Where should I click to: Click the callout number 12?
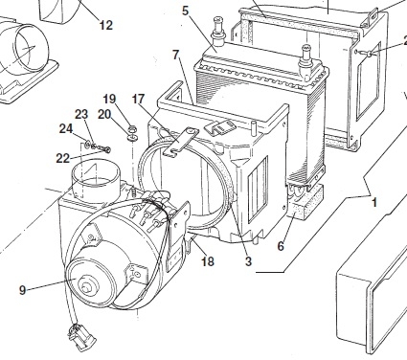coord(106,25)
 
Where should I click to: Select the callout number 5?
coord(186,11)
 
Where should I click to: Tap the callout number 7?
coord(176,55)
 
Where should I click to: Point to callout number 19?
coord(109,99)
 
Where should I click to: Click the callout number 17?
coord(138,100)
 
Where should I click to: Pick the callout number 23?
coord(81,114)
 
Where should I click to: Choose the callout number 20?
coord(104,114)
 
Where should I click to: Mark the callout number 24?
coord(66,128)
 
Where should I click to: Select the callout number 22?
coord(63,158)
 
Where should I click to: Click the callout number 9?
coord(22,290)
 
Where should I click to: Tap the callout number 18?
coord(208,261)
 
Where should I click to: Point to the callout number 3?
coord(248,261)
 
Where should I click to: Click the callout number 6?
coord(281,246)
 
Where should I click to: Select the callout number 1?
coord(374,202)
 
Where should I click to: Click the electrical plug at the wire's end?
coord(81,337)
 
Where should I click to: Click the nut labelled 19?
coord(132,129)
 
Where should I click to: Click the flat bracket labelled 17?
coord(181,141)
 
